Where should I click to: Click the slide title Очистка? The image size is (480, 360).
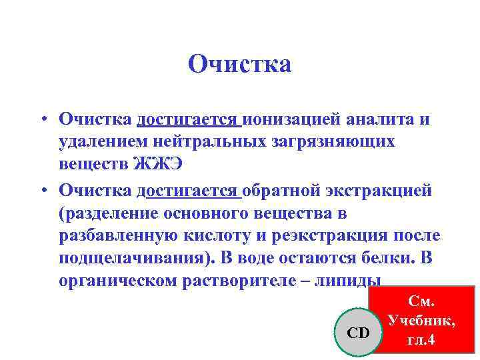(240, 65)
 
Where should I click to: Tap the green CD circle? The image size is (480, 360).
(358, 332)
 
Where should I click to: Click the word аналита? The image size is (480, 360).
(379, 119)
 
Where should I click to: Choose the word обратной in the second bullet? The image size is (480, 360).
(283, 191)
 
